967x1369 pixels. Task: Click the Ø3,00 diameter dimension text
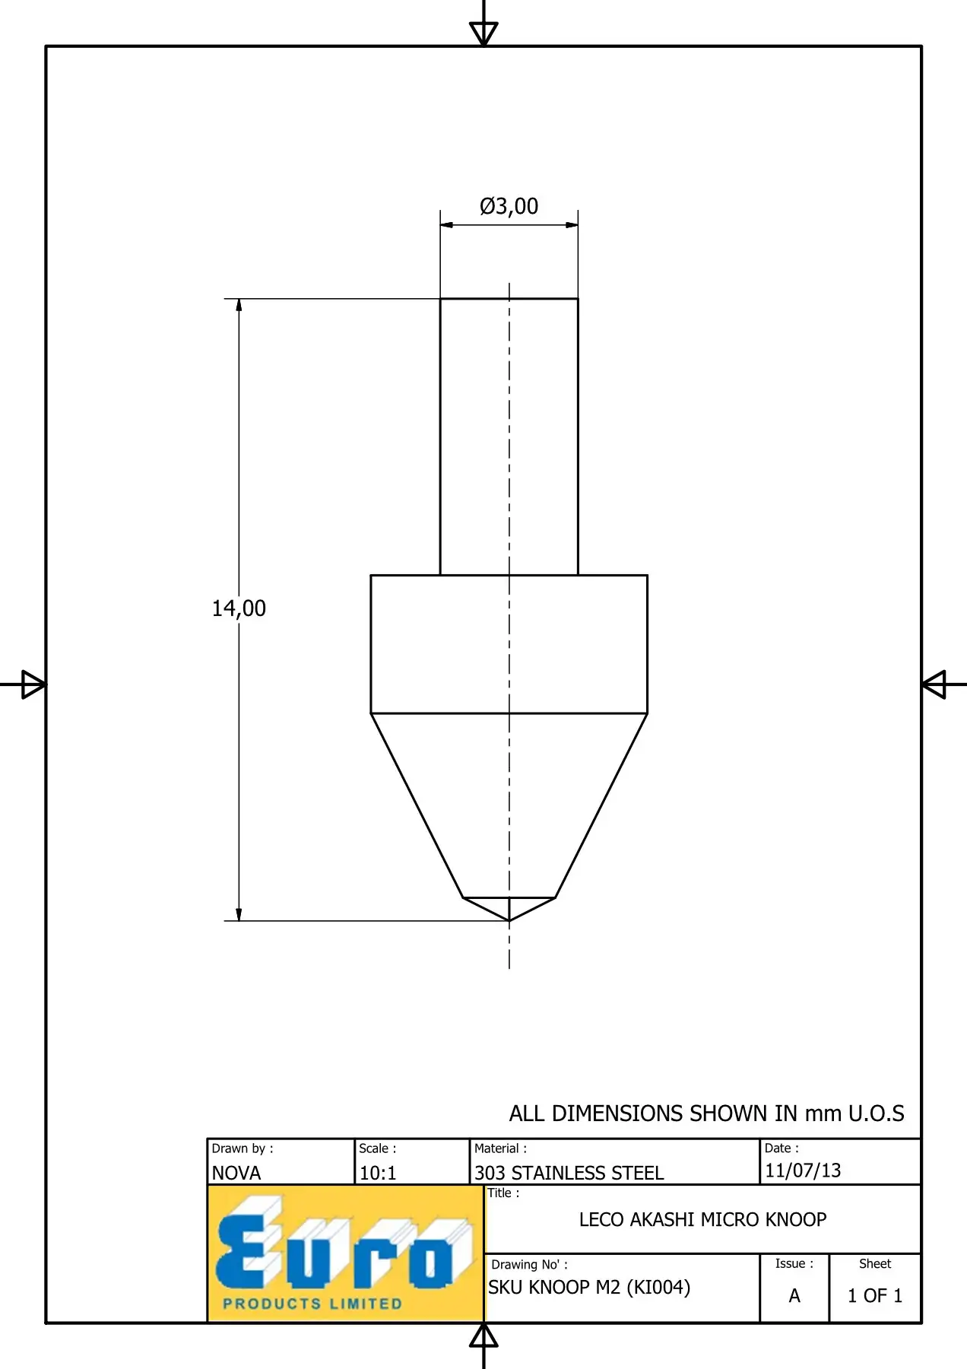pos(509,206)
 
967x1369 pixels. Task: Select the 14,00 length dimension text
pos(239,608)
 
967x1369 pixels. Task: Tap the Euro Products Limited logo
pos(346,1253)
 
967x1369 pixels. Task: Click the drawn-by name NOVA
pos(236,1173)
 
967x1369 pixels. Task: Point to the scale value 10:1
pos(378,1173)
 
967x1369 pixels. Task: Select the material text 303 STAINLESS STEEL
pos(569,1173)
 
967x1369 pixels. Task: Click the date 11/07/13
pos(803,1170)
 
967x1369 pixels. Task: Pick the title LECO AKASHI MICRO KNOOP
pos(702,1219)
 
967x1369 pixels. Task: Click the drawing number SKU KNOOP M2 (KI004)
pos(589,1287)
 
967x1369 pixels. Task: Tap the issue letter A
pos(794,1295)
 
